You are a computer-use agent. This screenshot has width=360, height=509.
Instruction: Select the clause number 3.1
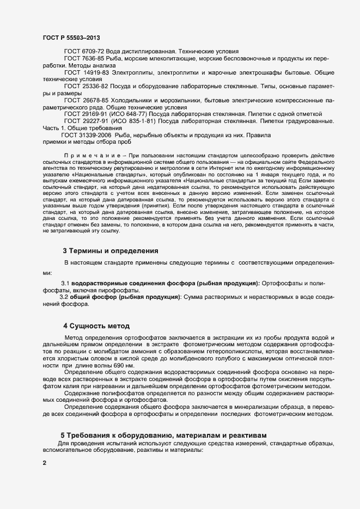[x=65, y=284]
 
